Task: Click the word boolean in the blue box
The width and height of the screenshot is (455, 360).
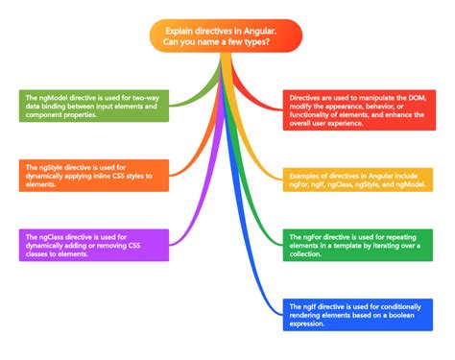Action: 392,314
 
